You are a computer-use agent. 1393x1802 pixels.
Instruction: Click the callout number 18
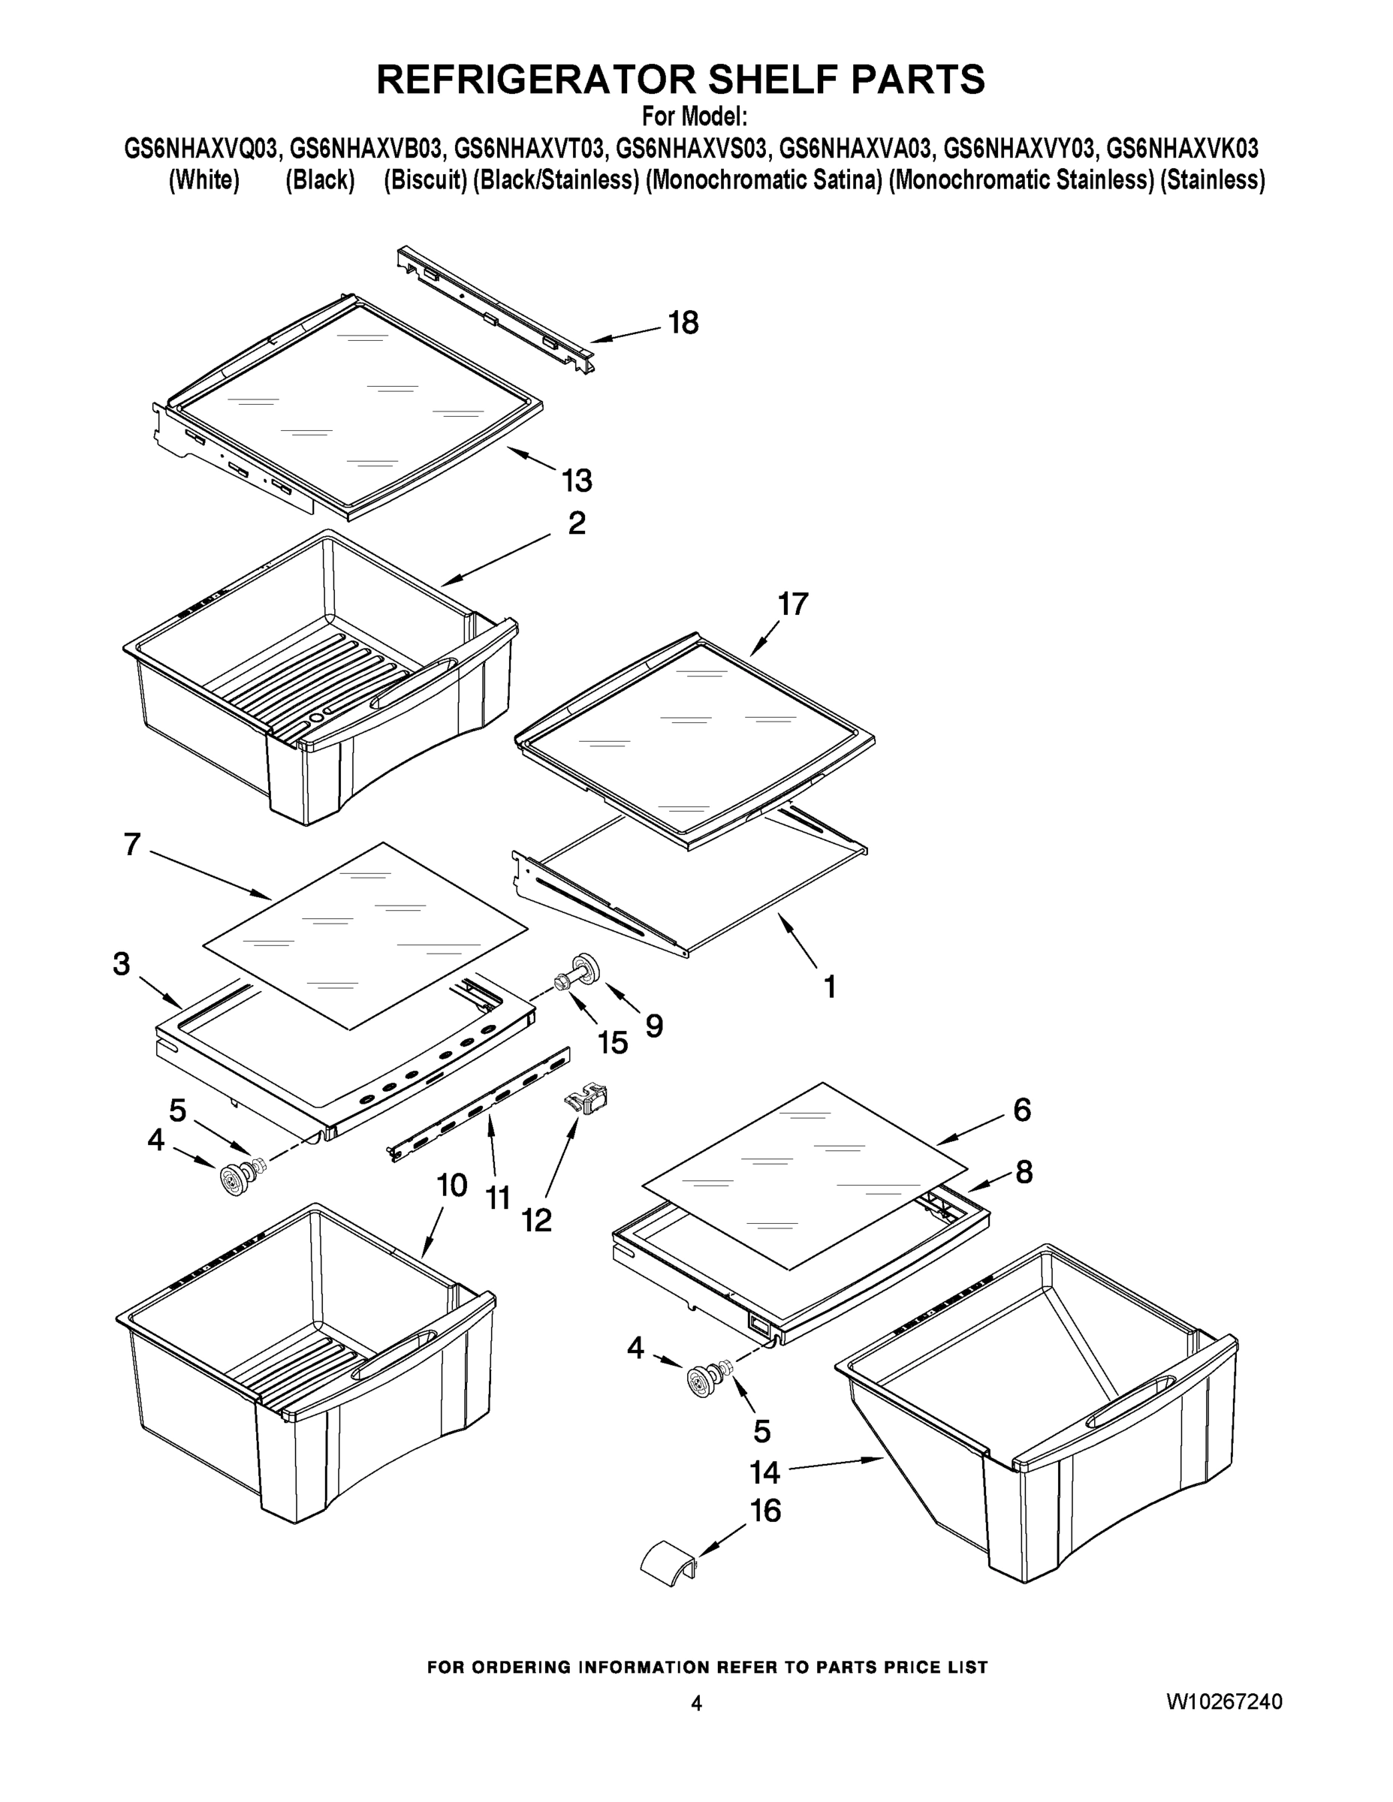tap(683, 323)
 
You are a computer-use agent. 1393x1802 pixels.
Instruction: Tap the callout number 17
tap(793, 604)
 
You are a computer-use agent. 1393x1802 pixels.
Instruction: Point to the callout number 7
tap(132, 845)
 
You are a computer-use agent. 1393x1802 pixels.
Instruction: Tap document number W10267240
tap(1224, 1701)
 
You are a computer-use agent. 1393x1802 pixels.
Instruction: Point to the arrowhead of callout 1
tap(785, 925)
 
